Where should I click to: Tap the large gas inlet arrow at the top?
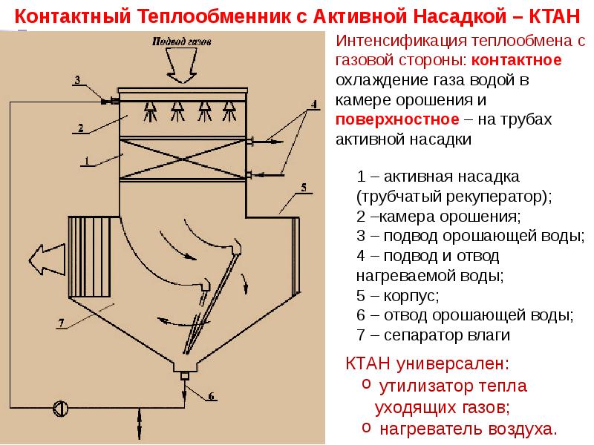[x=182, y=65]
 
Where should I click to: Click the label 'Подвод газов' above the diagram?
[x=181, y=41]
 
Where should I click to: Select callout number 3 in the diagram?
[x=78, y=80]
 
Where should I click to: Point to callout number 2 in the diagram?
[x=81, y=128]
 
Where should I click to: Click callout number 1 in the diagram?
[x=87, y=161]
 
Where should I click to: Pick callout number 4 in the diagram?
[x=313, y=104]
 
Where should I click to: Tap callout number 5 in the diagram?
[x=304, y=188]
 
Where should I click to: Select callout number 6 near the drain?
[x=211, y=396]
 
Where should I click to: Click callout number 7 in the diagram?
[x=62, y=323]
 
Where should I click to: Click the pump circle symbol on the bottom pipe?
[x=61, y=409]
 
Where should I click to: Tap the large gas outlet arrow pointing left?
[x=47, y=259]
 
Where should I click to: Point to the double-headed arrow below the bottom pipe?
[x=140, y=423]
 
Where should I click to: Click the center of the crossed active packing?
[x=183, y=159]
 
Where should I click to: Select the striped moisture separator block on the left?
[x=89, y=257]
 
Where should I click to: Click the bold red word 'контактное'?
[x=516, y=60]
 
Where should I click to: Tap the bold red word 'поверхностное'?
[x=397, y=119]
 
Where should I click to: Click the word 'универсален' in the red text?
[x=452, y=363]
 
